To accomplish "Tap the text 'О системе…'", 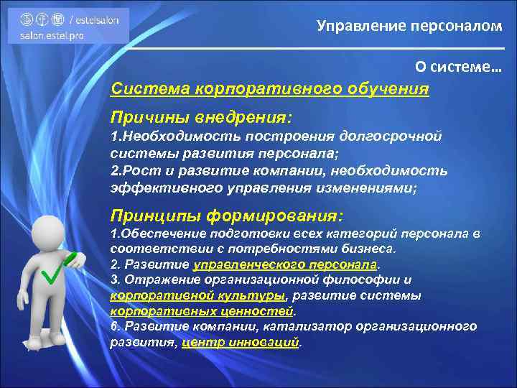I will tap(458, 67).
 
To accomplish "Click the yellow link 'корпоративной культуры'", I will tap(197, 295).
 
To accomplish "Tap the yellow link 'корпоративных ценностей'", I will tap(202, 311).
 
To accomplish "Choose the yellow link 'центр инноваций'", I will tap(240, 342).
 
